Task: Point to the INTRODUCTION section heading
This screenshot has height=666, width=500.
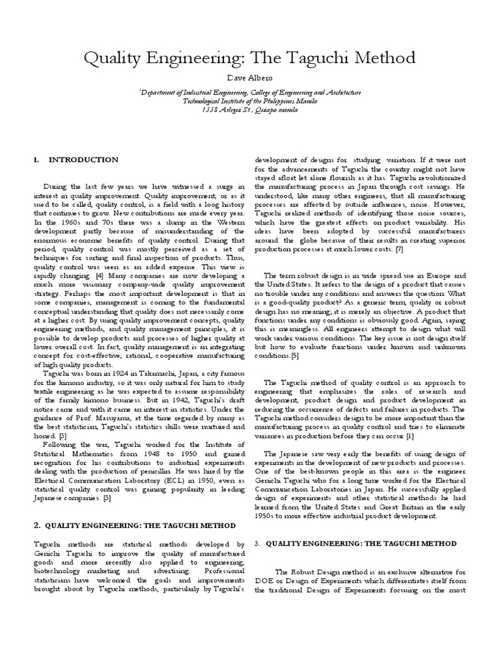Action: pyautogui.click(x=83, y=159)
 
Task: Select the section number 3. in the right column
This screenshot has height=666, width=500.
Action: pyautogui.click(x=257, y=543)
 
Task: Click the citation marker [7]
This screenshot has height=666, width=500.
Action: pyautogui.click(x=398, y=250)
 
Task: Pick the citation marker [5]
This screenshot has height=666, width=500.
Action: pyautogui.click(x=295, y=356)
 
